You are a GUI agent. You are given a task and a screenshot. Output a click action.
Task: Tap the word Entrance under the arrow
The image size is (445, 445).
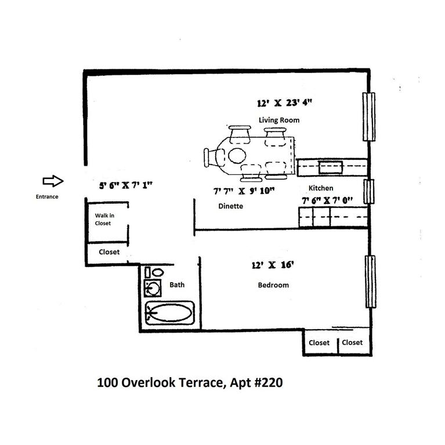47,196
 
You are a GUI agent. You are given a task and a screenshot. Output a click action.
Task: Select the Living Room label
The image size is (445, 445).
278,120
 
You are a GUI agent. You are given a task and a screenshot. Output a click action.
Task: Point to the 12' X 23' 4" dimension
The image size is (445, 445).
284,104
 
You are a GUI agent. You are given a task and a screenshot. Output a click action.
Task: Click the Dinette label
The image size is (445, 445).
230,206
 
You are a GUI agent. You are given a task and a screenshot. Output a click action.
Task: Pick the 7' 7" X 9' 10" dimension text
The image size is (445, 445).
243,190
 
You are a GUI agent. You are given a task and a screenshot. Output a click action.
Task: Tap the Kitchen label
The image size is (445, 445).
320,188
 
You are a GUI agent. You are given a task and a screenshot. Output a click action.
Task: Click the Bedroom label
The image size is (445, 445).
273,285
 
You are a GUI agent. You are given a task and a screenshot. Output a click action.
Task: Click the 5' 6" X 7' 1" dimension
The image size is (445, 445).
126,186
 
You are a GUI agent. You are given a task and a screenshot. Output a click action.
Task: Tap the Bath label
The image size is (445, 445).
177,284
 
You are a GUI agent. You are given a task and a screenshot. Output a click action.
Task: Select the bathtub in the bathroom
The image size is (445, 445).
169,314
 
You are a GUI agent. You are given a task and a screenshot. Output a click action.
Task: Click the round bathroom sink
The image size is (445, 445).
154,287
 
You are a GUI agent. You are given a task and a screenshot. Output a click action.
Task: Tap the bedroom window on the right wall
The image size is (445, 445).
369,282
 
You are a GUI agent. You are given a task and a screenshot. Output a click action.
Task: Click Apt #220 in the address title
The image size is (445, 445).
253,382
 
